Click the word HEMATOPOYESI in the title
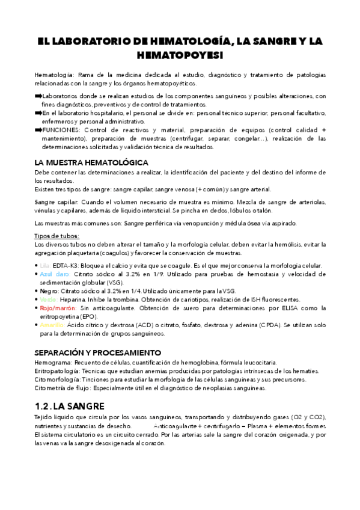(180, 55)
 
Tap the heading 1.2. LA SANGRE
(70, 406)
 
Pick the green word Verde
(49, 299)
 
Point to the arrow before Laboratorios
(38, 96)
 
